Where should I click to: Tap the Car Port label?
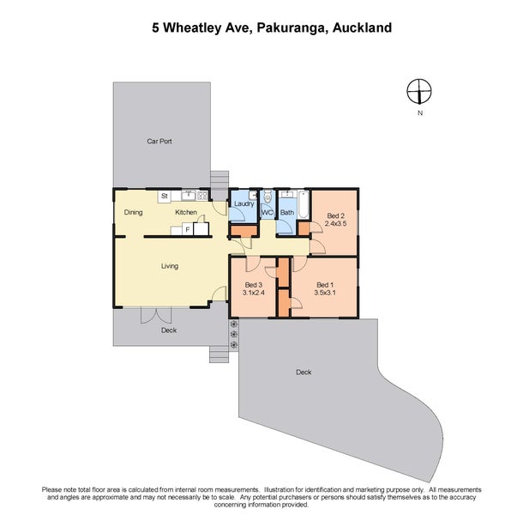[x=159, y=141]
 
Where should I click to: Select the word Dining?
[x=133, y=212]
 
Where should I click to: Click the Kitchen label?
[x=186, y=212]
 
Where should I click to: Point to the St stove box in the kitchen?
[x=162, y=197]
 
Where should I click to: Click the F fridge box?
[x=185, y=229]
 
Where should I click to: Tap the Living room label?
[x=170, y=266]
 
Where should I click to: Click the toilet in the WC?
[x=267, y=197]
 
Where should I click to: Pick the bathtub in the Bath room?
[x=286, y=197]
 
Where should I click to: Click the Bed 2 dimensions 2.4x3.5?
[x=335, y=224]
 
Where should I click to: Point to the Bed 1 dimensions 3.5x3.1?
[x=324, y=293]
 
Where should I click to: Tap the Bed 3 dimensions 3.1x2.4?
[x=254, y=293]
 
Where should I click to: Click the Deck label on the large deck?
[x=303, y=372]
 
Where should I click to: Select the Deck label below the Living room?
[x=167, y=329]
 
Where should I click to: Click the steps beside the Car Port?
[x=219, y=179]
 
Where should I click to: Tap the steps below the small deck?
[x=219, y=353]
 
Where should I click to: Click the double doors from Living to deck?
[x=157, y=312]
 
